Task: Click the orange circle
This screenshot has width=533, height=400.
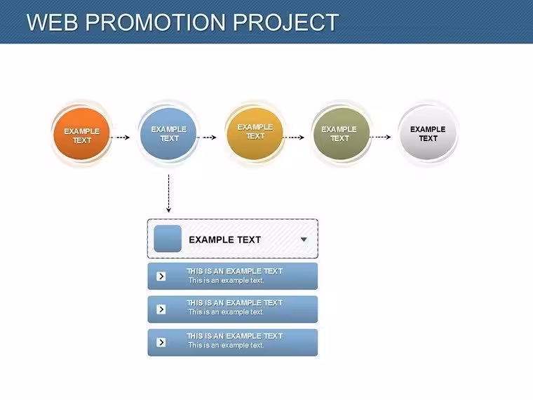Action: point(81,133)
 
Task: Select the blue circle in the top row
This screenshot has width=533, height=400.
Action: point(168,133)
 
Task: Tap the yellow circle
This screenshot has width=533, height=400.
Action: point(255,133)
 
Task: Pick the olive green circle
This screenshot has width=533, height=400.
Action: point(342,133)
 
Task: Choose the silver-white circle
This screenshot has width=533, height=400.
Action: point(428,133)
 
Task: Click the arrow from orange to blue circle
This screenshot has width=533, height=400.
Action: point(120,138)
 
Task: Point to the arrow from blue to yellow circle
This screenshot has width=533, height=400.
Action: point(207,138)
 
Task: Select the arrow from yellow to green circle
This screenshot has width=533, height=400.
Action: point(294,138)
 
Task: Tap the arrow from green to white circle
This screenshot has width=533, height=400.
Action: point(380,137)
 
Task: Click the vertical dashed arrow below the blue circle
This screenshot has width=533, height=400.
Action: point(168,194)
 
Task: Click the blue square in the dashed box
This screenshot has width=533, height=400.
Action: point(168,239)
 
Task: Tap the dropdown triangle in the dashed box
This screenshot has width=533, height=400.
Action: point(304,239)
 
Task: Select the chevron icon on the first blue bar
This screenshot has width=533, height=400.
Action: point(161,276)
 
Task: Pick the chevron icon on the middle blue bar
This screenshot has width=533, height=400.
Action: point(161,309)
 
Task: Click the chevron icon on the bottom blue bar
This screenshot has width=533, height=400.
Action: point(161,342)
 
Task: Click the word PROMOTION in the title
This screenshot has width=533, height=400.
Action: point(156,22)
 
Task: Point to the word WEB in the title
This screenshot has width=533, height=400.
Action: point(53,22)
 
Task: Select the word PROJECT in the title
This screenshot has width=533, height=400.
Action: point(285,22)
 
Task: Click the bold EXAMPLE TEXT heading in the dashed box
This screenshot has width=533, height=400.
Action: point(224,240)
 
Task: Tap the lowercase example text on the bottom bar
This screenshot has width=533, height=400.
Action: point(226,345)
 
